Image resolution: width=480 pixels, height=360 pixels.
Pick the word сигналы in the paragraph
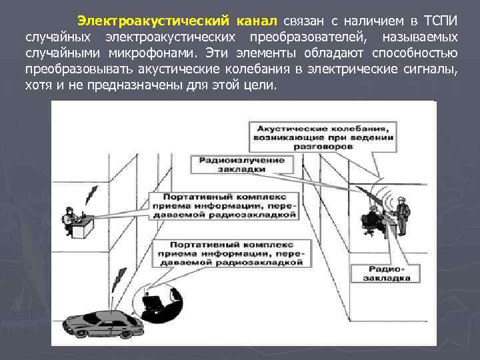click(x=431, y=70)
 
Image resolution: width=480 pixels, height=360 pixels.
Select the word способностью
click(x=415, y=53)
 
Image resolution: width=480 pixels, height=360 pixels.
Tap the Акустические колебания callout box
click(x=322, y=135)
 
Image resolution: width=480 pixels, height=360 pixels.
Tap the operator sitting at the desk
click(x=69, y=218)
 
